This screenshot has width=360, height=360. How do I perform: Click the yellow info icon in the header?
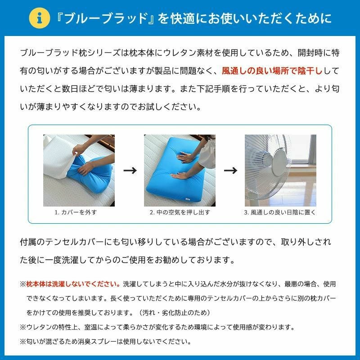pyautogui.click(x=40, y=18)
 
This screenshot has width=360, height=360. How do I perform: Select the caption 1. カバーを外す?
pyautogui.click(x=76, y=212)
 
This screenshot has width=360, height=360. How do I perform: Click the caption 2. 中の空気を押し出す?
pyautogui.click(x=180, y=212)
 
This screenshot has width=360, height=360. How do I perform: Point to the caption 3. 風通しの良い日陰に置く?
pyautogui.click(x=280, y=212)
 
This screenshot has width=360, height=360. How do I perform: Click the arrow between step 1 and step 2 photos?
pyautogui.click(x=130, y=171)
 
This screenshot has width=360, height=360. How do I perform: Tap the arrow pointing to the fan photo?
pyautogui.click(x=230, y=171)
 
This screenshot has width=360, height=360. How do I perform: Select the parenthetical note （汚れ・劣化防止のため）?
pyautogui.click(x=174, y=312)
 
